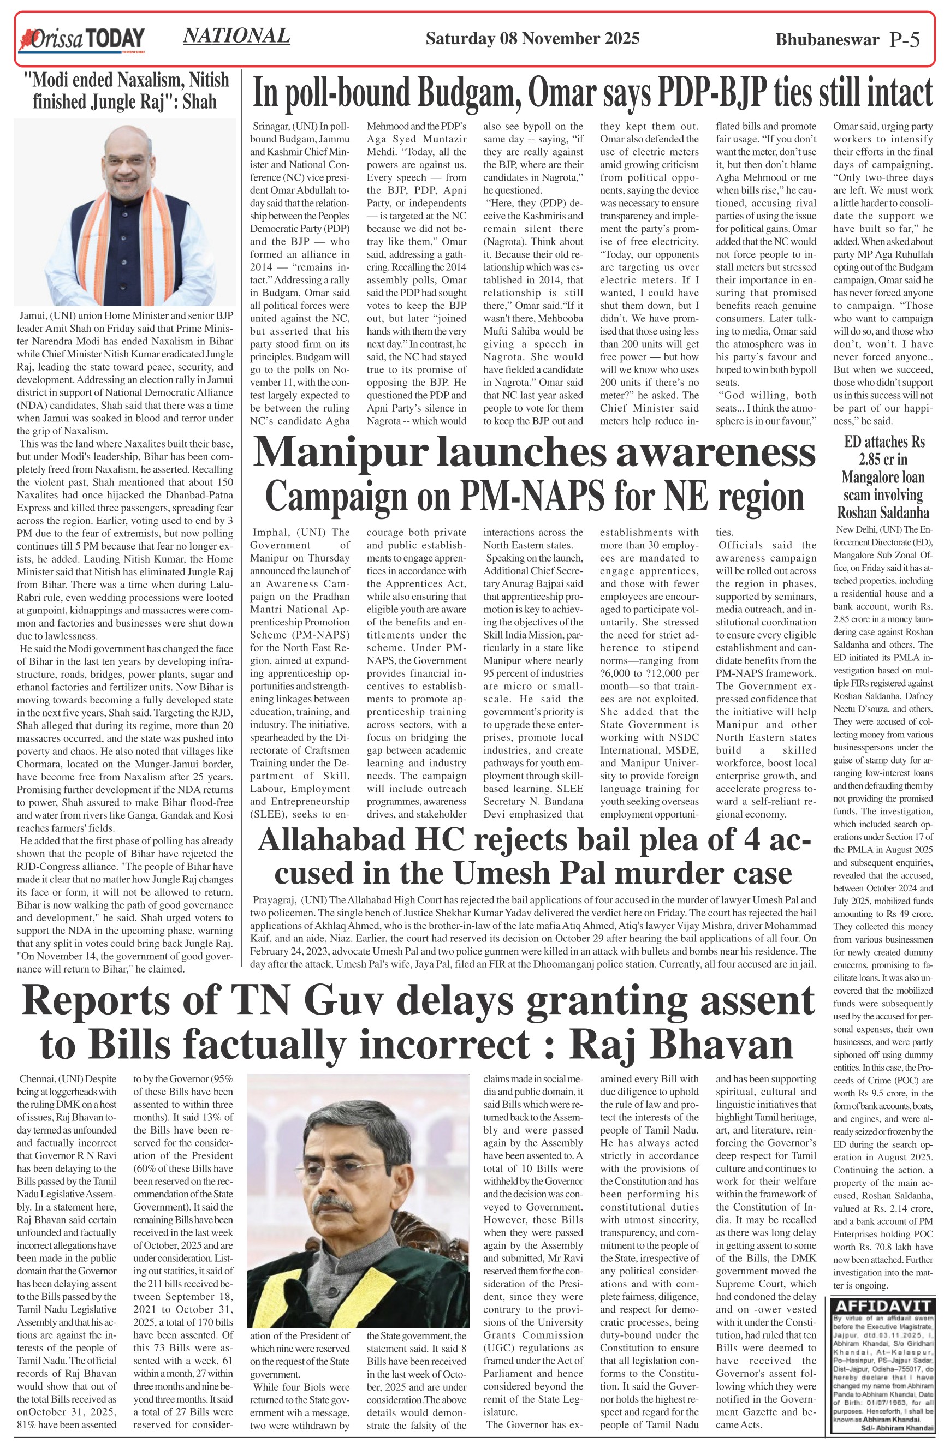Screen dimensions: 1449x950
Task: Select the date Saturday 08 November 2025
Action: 532,39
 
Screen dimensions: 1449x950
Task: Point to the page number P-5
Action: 904,40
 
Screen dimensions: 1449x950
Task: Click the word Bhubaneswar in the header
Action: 827,40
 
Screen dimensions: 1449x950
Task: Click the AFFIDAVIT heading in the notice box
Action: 881,1306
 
